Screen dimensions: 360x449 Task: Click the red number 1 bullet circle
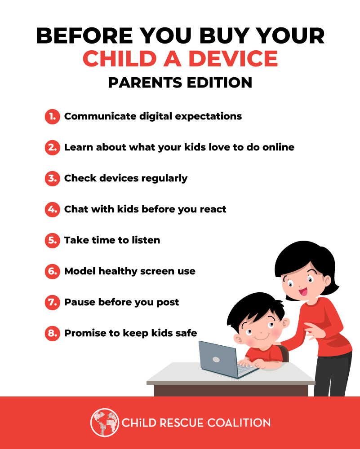[x=53, y=117]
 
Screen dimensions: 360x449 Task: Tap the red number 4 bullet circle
[x=53, y=209]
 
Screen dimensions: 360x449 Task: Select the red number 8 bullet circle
[x=53, y=333]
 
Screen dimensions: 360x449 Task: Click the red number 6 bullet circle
[x=53, y=271]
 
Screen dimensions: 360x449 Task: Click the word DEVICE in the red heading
[x=233, y=58]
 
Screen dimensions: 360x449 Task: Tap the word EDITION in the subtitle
[x=220, y=83]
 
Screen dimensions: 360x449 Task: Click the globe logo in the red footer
[x=105, y=423]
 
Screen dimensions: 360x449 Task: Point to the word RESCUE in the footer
[x=182, y=423]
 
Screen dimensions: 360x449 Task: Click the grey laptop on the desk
[x=227, y=359]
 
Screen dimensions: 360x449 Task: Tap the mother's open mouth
[x=303, y=292]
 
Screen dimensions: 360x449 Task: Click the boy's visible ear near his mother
[x=285, y=323]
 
